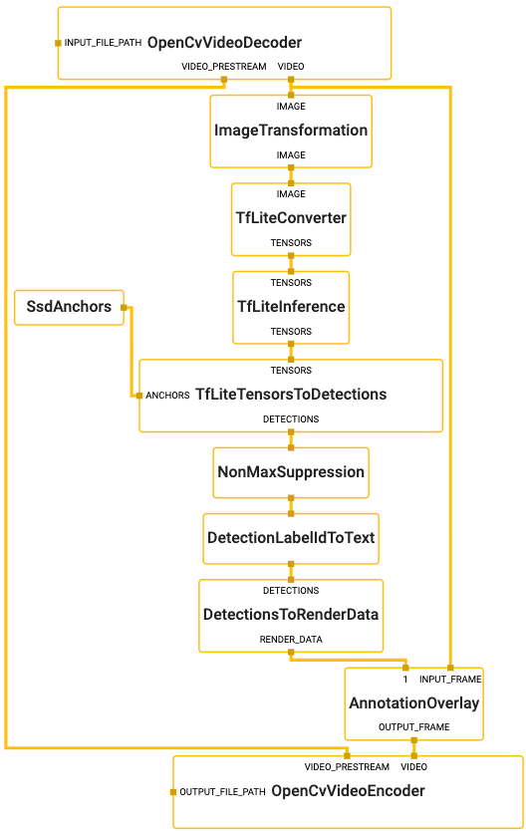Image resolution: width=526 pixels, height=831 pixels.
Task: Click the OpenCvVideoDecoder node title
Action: pos(224,43)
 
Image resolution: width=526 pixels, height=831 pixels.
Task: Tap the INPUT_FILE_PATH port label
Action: pos(103,43)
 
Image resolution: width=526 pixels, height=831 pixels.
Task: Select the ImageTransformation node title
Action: pos(291,131)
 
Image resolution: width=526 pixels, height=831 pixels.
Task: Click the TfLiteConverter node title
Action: pos(291,218)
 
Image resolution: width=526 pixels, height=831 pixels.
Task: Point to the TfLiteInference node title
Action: pos(291,306)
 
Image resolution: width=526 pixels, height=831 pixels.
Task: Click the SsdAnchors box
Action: pos(69,307)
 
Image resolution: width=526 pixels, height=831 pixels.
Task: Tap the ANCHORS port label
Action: pos(167,396)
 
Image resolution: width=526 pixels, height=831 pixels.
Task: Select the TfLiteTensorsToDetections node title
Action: pos(291,395)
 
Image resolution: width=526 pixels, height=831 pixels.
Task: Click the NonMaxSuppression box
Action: pos(291,472)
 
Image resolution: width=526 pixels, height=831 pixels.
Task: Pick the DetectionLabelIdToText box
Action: pos(291,538)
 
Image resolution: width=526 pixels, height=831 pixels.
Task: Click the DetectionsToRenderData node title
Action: pos(291,614)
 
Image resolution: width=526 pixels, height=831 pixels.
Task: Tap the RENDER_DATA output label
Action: pos(291,639)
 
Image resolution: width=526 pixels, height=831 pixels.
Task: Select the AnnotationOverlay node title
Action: pos(414,703)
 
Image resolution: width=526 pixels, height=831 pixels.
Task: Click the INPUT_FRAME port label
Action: pos(450,680)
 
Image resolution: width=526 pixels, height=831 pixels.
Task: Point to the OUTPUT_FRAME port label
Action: pos(414,727)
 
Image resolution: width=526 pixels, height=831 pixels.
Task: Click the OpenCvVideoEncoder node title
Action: pos(348,791)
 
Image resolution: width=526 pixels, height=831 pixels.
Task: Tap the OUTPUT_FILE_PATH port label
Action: pos(222,792)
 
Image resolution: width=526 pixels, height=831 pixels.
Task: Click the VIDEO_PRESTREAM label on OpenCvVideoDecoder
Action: pos(224,67)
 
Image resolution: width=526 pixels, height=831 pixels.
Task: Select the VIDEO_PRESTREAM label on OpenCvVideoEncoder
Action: pos(347,767)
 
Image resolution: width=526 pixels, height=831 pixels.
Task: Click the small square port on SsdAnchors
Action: pos(124,307)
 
